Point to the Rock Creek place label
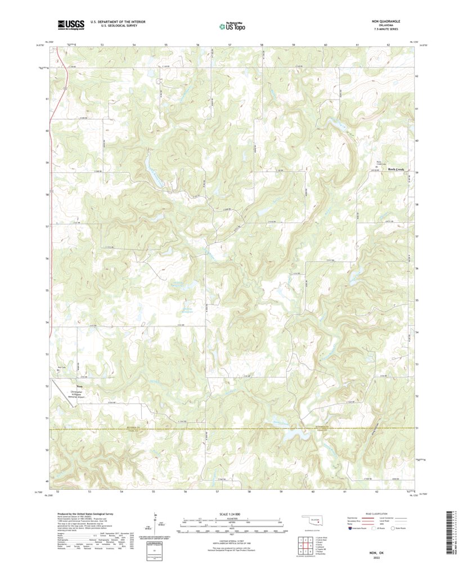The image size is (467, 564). click(x=396, y=169)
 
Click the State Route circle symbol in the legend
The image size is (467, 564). click(x=394, y=528)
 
